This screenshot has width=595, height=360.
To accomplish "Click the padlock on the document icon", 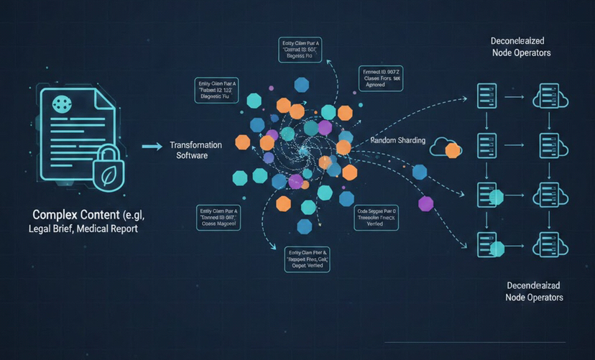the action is click(x=109, y=169).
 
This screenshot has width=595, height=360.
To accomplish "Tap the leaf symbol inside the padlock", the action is click(x=109, y=174).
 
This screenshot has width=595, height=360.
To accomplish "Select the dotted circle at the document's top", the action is click(x=62, y=105).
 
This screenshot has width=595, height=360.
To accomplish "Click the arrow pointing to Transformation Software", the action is click(x=152, y=147).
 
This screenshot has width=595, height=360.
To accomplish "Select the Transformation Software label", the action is click(x=195, y=150).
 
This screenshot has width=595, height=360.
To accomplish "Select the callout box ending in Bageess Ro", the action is click(x=301, y=49).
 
